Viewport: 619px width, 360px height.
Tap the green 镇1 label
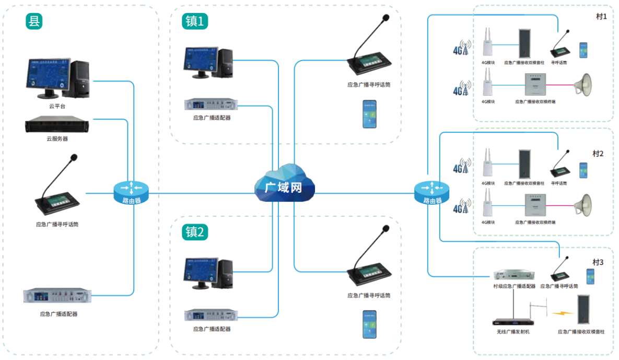point(195,21)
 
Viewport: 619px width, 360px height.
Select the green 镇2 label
point(195,232)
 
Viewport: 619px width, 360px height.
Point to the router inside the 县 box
point(131,192)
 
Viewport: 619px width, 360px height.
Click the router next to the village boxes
point(431,192)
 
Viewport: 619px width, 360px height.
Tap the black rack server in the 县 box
point(57,125)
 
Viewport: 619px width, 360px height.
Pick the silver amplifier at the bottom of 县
point(57,296)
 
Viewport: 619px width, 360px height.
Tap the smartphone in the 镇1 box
point(369,113)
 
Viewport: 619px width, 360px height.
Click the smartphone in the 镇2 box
point(369,323)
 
